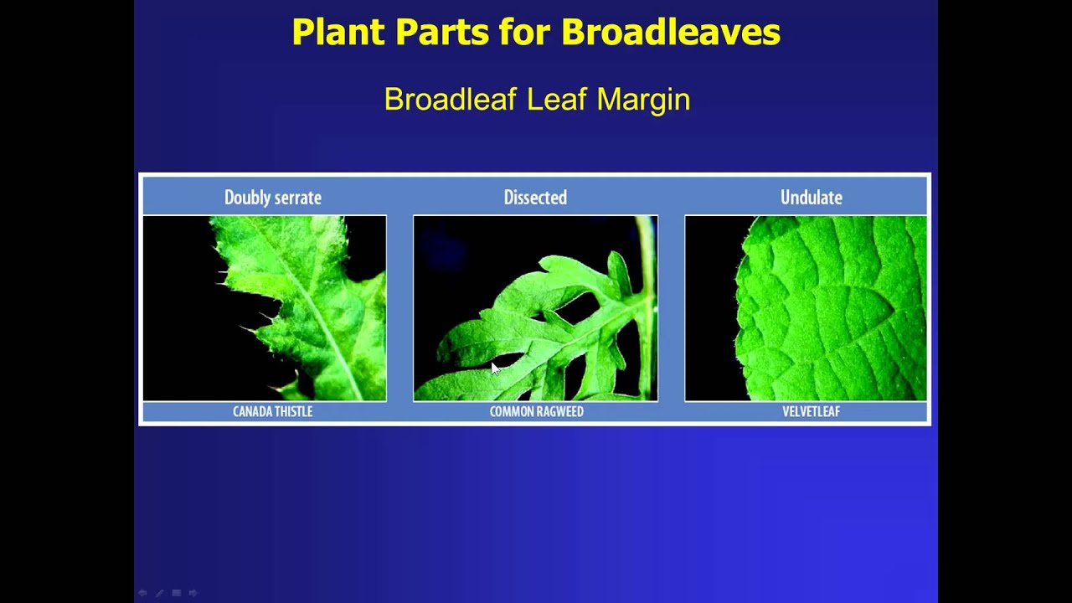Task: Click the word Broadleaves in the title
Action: point(670,33)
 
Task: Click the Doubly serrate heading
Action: point(272,198)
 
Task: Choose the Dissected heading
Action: point(535,198)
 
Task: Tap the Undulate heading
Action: point(811,198)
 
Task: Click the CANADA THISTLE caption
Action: point(272,411)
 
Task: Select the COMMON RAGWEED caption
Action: point(536,411)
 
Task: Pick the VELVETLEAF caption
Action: point(811,411)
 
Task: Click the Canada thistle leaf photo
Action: point(265,308)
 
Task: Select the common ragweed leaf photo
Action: point(535,308)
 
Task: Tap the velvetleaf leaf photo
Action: point(806,308)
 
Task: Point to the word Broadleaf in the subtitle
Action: point(451,100)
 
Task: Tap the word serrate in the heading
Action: point(296,198)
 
